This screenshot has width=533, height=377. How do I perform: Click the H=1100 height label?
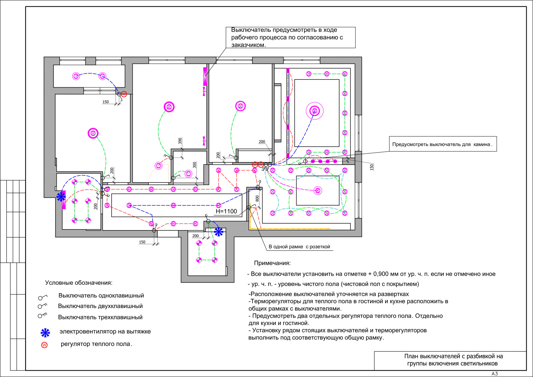226,211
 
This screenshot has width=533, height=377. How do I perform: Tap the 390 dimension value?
180,141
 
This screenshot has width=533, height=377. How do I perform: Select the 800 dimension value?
257,198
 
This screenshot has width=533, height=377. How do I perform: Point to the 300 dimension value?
195,165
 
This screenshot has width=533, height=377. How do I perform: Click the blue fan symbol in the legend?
45,333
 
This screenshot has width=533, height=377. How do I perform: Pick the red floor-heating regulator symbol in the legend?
44,345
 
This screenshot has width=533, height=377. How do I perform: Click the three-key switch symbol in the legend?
43,315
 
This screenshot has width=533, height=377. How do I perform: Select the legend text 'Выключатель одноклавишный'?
101,295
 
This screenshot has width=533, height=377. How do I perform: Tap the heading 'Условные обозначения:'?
79,282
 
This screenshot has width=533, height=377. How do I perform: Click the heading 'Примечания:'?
272,263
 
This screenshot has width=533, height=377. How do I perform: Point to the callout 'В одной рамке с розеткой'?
299,247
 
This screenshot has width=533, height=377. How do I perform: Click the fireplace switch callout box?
443,144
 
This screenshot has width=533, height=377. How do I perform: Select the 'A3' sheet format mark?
494,374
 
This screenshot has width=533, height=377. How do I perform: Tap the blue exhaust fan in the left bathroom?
61,197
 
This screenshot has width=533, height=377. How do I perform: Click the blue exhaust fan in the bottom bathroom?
219,232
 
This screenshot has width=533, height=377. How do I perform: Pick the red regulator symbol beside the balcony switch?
124,94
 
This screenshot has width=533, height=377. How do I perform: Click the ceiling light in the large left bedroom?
93,133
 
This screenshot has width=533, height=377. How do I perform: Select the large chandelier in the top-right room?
314,111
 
